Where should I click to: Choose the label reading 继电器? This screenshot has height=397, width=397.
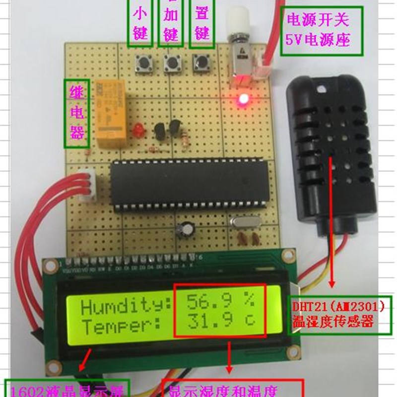coord(76,114)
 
